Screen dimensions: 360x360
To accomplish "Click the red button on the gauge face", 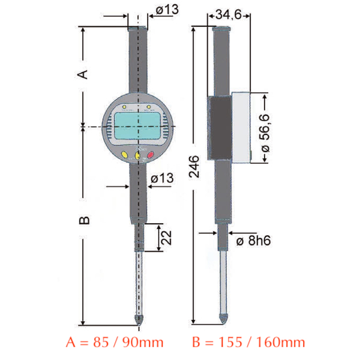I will [x=149, y=155].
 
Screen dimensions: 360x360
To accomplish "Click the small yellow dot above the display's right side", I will [x=148, y=108].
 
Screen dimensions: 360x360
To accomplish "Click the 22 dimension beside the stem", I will [x=170, y=239].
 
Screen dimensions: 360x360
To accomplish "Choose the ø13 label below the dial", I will [x=163, y=178].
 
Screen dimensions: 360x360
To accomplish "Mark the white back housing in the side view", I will [x=242, y=127].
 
